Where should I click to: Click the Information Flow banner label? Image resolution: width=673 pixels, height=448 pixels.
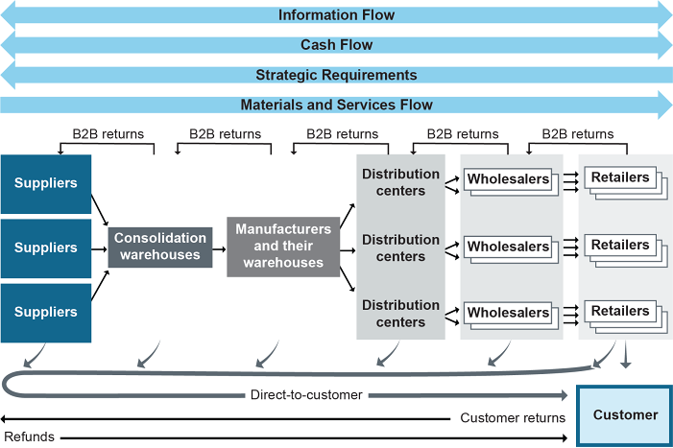[336, 15]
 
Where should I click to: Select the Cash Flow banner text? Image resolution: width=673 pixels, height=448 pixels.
[336, 45]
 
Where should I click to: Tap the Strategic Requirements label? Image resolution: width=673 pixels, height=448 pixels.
[336, 75]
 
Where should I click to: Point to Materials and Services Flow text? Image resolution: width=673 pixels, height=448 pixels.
[336, 105]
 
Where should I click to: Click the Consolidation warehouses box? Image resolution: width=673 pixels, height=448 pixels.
[160, 247]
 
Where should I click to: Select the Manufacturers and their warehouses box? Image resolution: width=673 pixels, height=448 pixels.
[283, 247]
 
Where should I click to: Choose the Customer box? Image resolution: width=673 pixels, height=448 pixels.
[624, 415]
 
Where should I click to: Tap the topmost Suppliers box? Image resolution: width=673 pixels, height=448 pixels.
[45, 182]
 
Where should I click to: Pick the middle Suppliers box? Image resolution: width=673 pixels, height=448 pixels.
[45, 248]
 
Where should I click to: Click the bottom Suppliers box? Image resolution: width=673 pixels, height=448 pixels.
[45, 312]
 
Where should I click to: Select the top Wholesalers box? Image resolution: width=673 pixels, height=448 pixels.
[508, 179]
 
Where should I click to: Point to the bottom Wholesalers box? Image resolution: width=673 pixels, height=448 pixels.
[508, 312]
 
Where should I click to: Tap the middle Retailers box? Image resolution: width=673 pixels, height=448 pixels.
[620, 246]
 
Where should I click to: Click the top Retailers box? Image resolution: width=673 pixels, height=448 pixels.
[620, 177]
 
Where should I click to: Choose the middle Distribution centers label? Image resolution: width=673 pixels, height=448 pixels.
[400, 248]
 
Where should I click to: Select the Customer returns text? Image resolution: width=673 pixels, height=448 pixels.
[513, 418]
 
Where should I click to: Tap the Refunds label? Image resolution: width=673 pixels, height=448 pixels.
[29, 437]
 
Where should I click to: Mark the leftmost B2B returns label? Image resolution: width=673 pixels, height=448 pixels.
[108, 134]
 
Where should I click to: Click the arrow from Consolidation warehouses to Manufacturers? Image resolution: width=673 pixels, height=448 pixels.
[219, 247]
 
